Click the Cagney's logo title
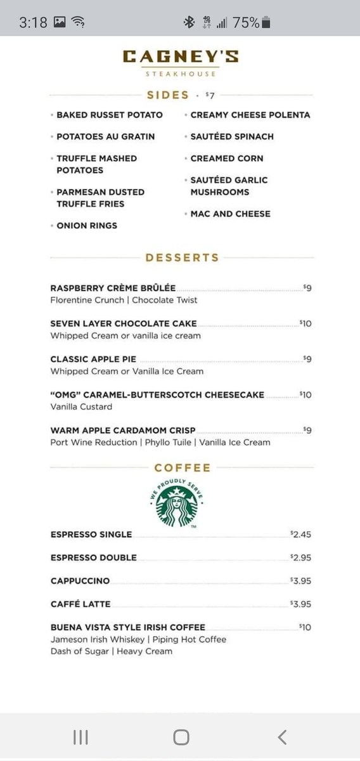[181, 56]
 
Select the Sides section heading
[168, 95]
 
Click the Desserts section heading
[182, 257]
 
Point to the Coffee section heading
[182, 468]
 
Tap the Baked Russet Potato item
[109, 115]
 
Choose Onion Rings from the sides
[86, 225]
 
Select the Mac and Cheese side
[230, 214]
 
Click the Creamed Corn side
[226, 158]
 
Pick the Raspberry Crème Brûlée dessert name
[113, 288]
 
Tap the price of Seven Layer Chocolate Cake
[305, 323]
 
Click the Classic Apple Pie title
[93, 359]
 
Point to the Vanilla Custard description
[81, 407]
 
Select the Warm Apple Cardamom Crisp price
[307, 430]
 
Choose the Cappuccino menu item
[80, 580]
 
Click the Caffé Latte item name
[80, 604]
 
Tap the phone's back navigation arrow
[282, 736]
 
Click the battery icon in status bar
[266, 23]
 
